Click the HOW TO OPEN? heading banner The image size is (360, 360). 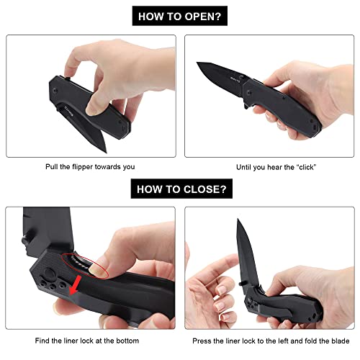tap(179, 14)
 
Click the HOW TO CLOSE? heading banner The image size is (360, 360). tap(179, 189)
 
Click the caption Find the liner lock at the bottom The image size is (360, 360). tap(89, 340)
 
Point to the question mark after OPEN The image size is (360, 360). tap(221, 14)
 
